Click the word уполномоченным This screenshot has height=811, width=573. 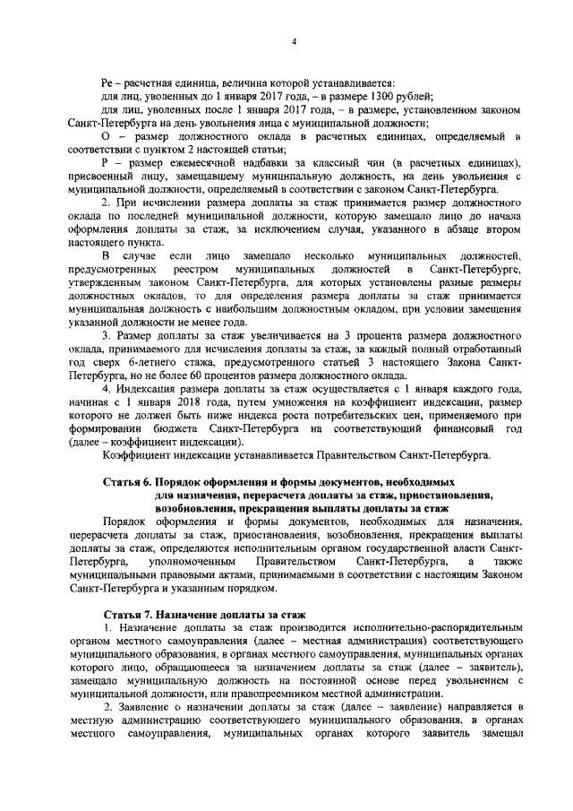click(194, 560)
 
